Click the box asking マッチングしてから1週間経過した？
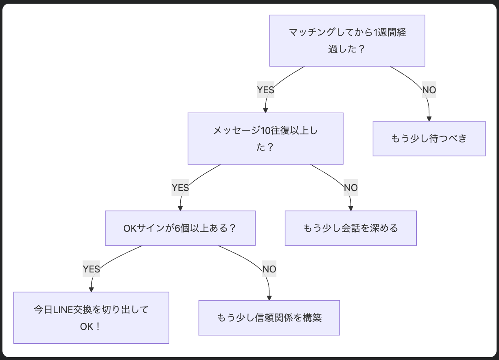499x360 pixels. click(x=347, y=41)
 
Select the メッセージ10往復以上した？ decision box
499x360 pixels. click(x=265, y=138)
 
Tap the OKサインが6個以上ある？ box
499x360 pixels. click(x=180, y=228)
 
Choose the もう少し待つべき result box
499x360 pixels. click(x=429, y=138)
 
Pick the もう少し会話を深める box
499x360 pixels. click(x=350, y=228)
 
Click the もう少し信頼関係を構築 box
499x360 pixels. click(x=269, y=318)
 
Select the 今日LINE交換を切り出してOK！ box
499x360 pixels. click(x=91, y=318)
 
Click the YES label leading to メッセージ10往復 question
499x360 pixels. click(x=265, y=90)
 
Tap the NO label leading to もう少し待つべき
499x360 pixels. click(x=429, y=90)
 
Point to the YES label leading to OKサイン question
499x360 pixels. click(x=180, y=188)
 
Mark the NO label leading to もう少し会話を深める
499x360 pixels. click(x=350, y=188)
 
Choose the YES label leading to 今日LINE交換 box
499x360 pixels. click(x=91, y=269)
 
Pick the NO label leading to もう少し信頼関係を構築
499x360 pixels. click(x=269, y=269)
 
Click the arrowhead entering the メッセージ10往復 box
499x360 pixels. click(x=265, y=110)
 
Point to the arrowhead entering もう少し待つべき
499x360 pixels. click(x=429, y=119)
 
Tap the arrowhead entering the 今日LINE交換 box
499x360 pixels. click(x=91, y=289)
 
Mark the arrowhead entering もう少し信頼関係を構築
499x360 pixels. click(x=269, y=298)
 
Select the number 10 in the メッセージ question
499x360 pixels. click(x=265, y=131)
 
